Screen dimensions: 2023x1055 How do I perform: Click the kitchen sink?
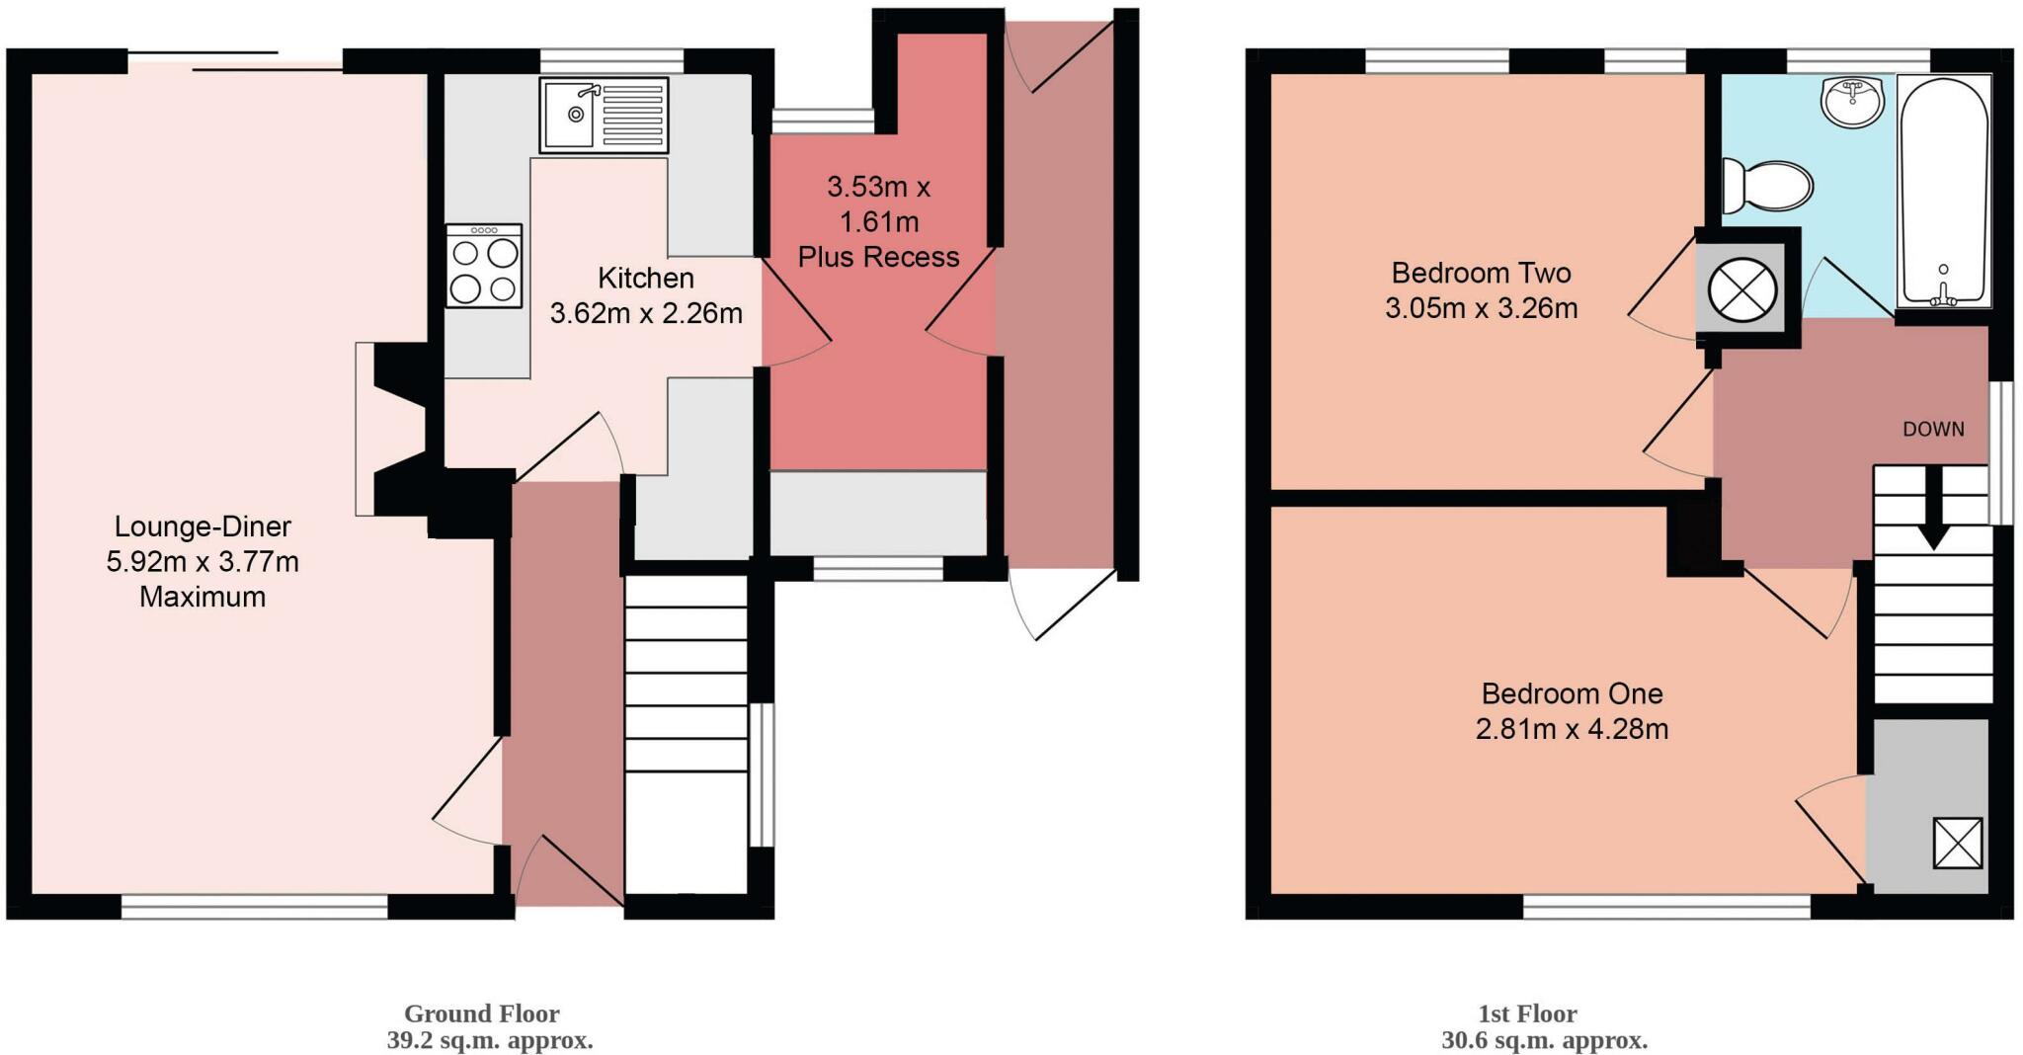coord(604,116)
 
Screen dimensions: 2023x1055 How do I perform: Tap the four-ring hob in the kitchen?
coord(483,266)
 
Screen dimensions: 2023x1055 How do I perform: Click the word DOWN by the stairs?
coord(1933,429)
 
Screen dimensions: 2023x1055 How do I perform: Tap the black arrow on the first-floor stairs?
coord(1933,507)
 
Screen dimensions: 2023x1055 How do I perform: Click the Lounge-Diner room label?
coord(202,526)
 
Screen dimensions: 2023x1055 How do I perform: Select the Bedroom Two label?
coord(1481,273)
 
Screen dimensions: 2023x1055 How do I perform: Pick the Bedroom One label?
coord(1572,693)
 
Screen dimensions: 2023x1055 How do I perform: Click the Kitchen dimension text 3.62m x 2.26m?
coord(646,314)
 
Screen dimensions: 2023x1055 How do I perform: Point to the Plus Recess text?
coord(878,257)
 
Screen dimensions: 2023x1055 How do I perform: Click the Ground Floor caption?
coord(482,1014)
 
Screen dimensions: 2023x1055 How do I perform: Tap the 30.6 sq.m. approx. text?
coord(1544,1040)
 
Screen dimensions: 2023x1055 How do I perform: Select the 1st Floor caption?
coord(1527,1014)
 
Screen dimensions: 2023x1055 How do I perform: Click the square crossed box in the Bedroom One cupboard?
coord(1957,843)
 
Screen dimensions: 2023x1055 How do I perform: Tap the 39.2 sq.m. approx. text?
coord(489,1040)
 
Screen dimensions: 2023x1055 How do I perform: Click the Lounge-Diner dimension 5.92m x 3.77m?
coord(202,562)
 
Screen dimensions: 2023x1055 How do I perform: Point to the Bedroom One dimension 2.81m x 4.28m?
coord(1572,729)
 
